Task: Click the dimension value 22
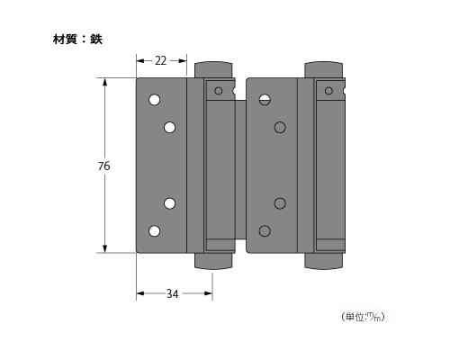pos(161,60)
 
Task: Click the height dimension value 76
pos(104,166)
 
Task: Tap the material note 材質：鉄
pos(77,40)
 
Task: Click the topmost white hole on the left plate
pos(154,99)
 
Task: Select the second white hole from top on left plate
pos(169,128)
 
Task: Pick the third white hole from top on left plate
pos(169,202)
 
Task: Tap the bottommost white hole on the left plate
pos(154,231)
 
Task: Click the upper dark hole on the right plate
pos(280,128)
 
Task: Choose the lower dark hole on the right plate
pos(280,202)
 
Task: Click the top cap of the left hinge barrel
pos(213,70)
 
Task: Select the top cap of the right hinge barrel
pos(322,70)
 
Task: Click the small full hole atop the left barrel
pos(218,91)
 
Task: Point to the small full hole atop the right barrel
pos(328,91)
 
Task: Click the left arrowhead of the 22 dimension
pos(139,60)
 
